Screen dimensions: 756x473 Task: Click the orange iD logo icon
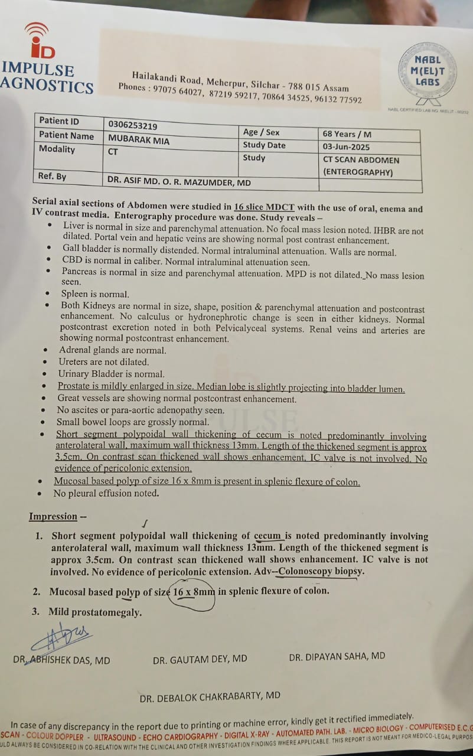tap(41, 42)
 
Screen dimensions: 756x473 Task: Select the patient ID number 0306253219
tap(132, 125)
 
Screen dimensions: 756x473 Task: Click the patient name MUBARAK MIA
tap(139, 139)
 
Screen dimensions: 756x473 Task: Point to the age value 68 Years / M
tap(347, 134)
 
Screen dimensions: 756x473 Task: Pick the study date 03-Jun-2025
tap(347, 146)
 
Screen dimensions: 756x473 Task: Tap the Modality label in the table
tap(57, 149)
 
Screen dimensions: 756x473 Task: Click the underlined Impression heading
tap(53, 517)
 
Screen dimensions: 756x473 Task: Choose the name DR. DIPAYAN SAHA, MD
tap(337, 656)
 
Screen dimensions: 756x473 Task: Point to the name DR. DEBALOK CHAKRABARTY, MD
tap(210, 696)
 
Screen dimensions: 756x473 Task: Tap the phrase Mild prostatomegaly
tap(95, 612)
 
